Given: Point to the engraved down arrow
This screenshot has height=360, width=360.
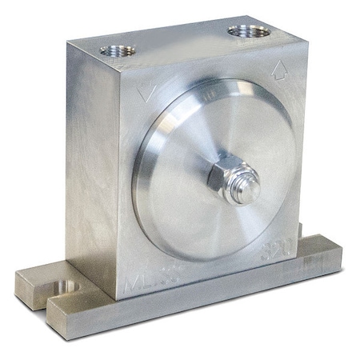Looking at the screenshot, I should click(x=145, y=94).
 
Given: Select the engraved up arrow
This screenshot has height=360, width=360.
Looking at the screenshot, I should click(x=280, y=70).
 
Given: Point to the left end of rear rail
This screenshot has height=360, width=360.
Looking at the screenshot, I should click(x=28, y=284).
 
